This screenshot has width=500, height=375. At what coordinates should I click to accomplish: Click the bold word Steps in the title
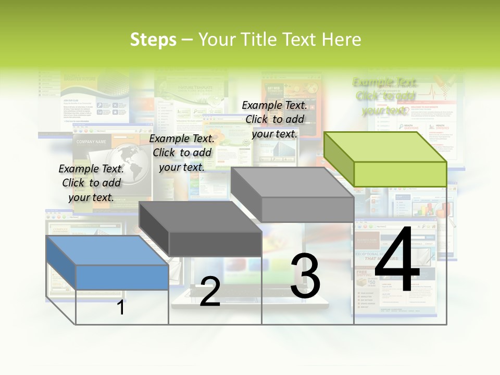point(153,40)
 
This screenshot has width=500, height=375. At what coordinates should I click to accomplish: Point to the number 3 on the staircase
point(305,276)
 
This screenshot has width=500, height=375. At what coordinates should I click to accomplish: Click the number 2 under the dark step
point(210,292)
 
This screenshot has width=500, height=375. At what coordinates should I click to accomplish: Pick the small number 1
point(120,308)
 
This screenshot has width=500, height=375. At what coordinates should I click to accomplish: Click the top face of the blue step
point(107,251)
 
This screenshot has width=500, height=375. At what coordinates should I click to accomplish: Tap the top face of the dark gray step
point(200,217)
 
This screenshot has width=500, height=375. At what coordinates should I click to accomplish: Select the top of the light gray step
point(292,182)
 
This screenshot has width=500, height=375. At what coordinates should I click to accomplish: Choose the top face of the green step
point(385,147)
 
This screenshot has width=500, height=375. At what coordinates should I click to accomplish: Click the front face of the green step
point(400,174)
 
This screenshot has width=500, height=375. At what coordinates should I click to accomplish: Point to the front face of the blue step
point(122,277)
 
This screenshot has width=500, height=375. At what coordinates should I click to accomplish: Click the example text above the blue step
point(91,183)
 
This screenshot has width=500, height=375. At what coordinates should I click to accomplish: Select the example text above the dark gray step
point(182,153)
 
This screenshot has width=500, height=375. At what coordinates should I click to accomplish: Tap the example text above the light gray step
point(274,119)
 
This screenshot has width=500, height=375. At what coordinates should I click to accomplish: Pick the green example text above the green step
point(385,96)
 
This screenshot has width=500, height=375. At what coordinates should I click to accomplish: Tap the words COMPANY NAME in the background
point(91,142)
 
